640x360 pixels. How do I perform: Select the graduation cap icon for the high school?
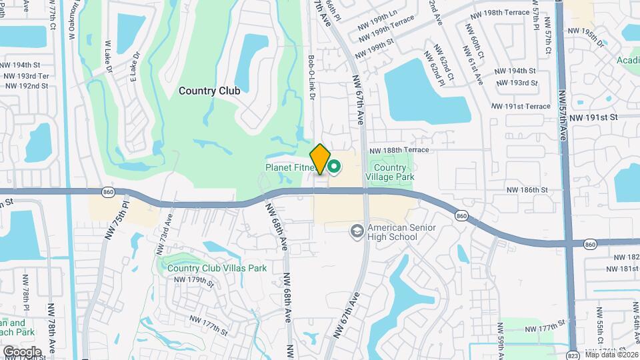tap(357, 231)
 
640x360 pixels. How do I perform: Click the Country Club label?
tap(209, 89)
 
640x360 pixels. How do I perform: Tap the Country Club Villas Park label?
tap(217, 268)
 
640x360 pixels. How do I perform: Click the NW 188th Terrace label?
tap(399, 150)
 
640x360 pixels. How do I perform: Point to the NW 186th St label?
tap(527, 190)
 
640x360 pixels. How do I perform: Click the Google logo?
tap(22, 351)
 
